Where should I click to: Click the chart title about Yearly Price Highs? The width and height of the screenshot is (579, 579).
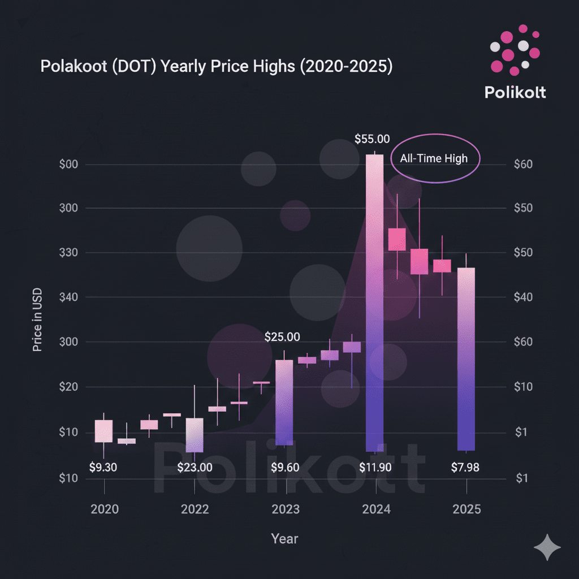coord(217,66)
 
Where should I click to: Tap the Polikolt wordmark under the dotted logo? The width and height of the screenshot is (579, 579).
coord(515,92)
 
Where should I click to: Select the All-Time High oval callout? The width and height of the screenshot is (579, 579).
coord(435,158)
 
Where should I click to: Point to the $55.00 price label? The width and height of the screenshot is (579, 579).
coord(371,139)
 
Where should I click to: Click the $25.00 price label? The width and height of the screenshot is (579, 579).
coord(282,337)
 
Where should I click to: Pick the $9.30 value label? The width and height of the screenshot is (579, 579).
coord(104,468)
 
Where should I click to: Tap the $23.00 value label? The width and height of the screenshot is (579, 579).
coord(195,468)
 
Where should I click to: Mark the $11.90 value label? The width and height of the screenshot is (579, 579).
coord(375,468)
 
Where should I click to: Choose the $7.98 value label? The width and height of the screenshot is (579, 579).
coord(466,468)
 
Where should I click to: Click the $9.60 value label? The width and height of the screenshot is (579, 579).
coord(285,468)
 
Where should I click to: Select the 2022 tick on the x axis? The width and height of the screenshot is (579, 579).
coord(195,509)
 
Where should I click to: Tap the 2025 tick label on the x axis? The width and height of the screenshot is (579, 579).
coord(466,509)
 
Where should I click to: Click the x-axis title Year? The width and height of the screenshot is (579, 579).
coord(284,538)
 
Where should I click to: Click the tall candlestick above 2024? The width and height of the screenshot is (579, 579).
coord(374,303)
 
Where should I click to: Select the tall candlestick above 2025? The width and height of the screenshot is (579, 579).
coord(466,358)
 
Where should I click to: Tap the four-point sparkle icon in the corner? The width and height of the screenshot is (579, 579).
coord(547,547)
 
